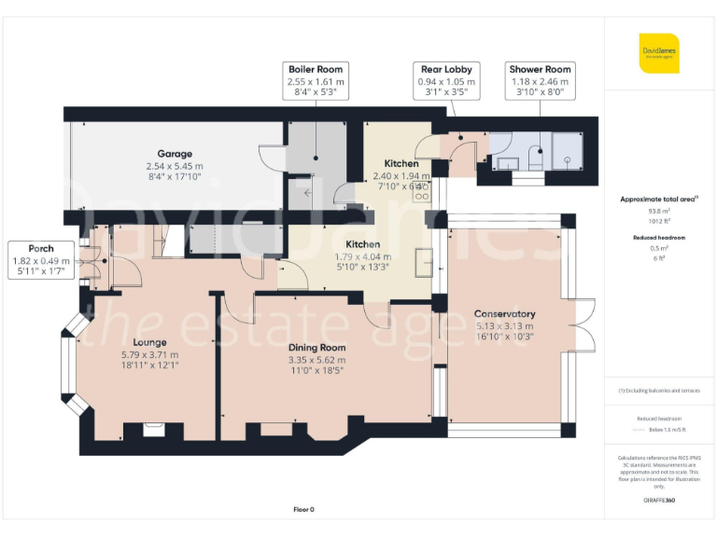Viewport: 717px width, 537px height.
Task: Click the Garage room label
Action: (x=175, y=154)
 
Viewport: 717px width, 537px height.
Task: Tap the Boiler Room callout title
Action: (x=316, y=69)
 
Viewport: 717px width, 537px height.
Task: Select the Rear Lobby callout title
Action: (x=445, y=69)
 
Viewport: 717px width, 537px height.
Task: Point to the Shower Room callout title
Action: (x=540, y=69)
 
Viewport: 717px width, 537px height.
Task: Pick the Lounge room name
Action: (x=149, y=342)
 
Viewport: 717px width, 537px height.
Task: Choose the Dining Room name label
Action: (x=316, y=348)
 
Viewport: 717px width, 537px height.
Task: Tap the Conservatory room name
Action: (x=504, y=314)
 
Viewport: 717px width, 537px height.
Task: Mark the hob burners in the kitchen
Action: (x=422, y=192)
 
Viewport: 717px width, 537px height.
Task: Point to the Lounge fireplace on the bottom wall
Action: (x=149, y=430)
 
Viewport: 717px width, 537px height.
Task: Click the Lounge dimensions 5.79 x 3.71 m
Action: (x=149, y=354)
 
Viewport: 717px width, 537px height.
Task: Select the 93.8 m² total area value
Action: (x=659, y=212)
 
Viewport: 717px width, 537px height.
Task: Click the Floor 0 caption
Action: (x=305, y=509)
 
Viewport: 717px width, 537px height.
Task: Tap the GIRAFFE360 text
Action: (x=659, y=502)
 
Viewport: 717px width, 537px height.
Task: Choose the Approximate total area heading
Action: (x=657, y=199)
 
